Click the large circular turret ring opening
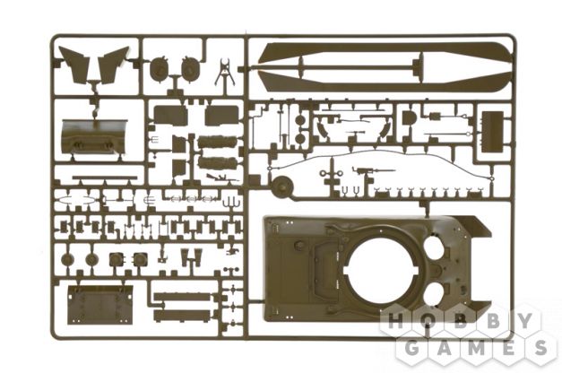point(381,272)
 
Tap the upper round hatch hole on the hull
point(435,247)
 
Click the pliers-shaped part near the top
point(224,72)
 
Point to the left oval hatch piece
point(159,68)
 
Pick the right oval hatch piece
point(190,68)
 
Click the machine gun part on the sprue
point(373,170)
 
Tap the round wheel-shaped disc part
point(282,186)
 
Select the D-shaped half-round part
point(408,117)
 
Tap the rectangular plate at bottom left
point(100,305)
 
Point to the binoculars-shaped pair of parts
point(191,256)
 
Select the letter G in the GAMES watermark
point(412,348)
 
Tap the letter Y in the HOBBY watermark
point(524,320)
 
